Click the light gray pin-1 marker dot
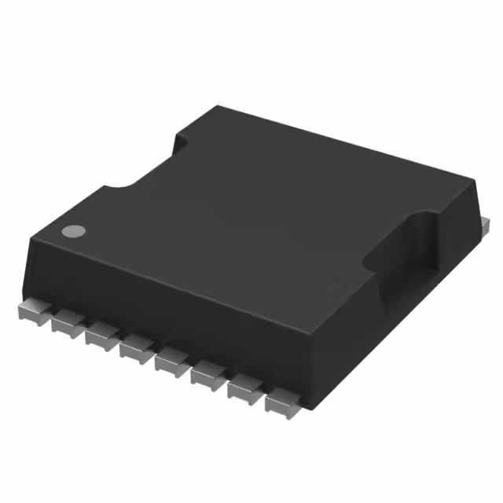[73, 232]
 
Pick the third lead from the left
[101, 336]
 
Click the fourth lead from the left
[136, 349]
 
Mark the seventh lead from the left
[244, 390]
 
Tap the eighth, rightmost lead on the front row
[281, 404]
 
